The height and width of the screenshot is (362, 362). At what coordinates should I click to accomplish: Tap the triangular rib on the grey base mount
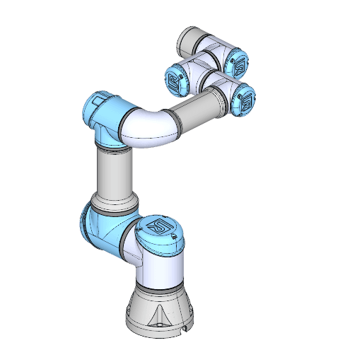tap(163, 311)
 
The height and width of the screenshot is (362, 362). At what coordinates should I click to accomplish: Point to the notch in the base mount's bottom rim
tap(184, 328)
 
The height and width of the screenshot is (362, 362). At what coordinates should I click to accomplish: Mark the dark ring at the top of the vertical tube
tap(113, 149)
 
